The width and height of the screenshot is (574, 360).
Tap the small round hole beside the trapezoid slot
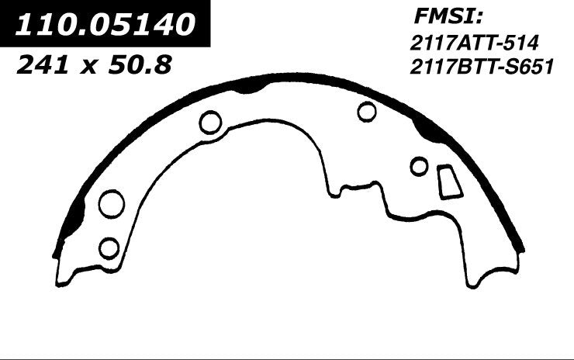419,166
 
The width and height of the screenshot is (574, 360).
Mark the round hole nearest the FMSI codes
367,112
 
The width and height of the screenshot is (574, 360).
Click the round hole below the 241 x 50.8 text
210,122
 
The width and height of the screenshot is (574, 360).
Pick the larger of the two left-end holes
111,204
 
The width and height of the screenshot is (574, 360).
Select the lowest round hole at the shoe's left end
109,247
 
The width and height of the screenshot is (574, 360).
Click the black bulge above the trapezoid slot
429,129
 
